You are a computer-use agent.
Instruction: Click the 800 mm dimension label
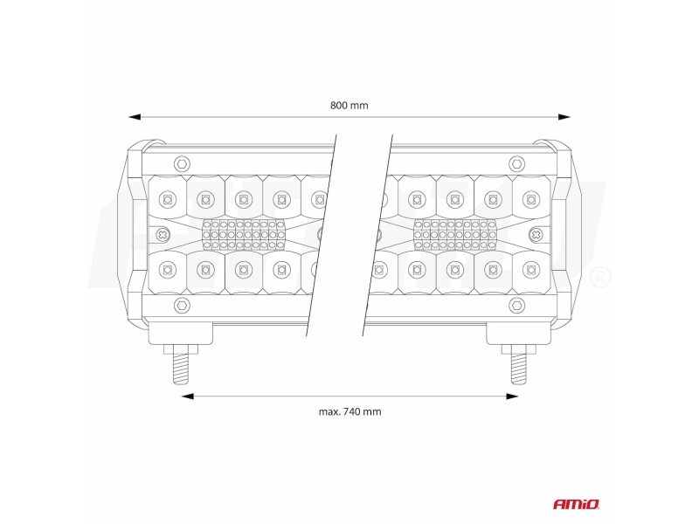(x=349, y=106)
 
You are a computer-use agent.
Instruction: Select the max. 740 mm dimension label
(x=350, y=411)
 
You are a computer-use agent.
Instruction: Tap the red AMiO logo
(x=577, y=504)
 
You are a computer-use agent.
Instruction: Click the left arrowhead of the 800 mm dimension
(x=135, y=117)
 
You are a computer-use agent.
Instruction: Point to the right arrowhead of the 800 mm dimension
(x=564, y=117)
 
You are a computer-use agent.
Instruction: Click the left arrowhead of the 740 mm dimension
(x=187, y=396)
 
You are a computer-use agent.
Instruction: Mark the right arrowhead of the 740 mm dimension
(x=513, y=396)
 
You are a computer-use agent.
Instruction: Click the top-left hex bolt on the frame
(x=182, y=163)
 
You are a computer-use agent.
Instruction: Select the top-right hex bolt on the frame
(x=516, y=163)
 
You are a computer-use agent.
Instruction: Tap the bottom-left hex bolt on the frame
(x=182, y=305)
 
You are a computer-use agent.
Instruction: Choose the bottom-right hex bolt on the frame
(x=516, y=305)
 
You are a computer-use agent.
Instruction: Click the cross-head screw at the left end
(x=163, y=234)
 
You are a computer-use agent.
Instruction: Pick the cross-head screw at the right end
(x=536, y=234)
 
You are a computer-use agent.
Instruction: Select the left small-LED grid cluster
(x=244, y=234)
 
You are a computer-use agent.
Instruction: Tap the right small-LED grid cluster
(x=455, y=234)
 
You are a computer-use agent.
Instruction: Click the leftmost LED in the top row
(x=167, y=199)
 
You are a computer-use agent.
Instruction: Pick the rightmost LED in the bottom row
(x=531, y=270)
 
